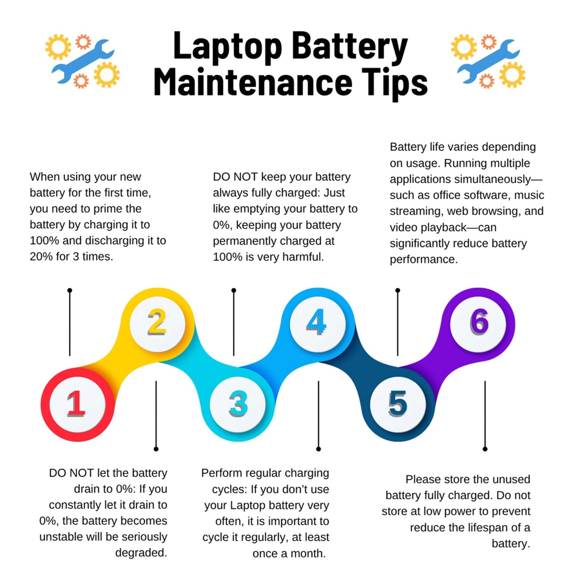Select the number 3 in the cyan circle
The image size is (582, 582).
pos(238,404)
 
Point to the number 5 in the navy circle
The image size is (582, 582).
pos(398,404)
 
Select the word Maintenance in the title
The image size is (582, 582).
pos(253,82)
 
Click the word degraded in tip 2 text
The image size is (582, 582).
pos(141,553)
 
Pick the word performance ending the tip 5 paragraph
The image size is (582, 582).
pos(424,260)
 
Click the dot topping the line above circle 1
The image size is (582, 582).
pos(70,290)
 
